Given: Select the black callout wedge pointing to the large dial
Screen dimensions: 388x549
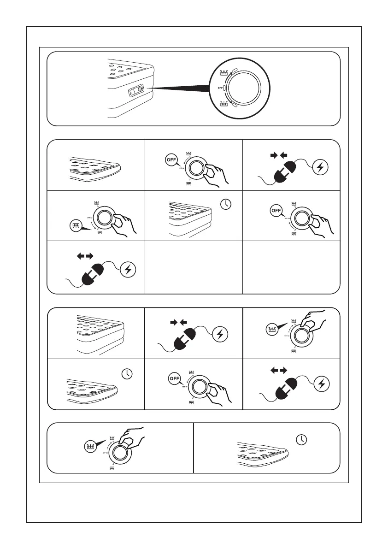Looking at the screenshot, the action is pyautogui.click(x=180, y=88).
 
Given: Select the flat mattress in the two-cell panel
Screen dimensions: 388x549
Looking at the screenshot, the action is pyautogui.click(x=263, y=454).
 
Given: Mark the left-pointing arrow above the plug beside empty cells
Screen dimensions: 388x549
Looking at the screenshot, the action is pyautogui.click(x=80, y=255).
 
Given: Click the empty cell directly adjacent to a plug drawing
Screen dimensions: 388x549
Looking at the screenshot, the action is pyautogui.click(x=194, y=267).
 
